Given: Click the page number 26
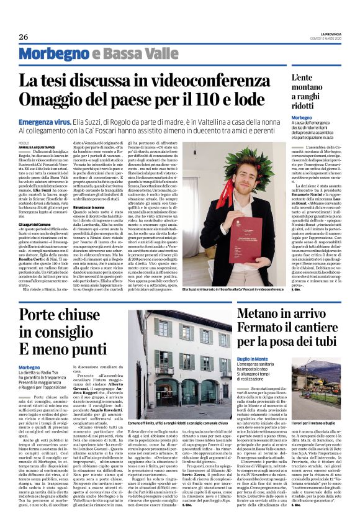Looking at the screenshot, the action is pyautogui.click(x=24, y=37).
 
